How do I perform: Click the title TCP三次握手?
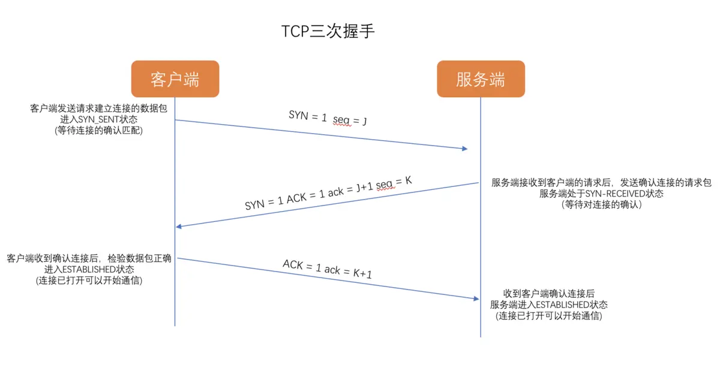[328, 32]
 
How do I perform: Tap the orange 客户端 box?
[175, 79]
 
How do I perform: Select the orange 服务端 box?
[481, 79]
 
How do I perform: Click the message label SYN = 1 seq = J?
[328, 119]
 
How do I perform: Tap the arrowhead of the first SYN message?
[464, 149]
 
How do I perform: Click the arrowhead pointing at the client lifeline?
[178, 227]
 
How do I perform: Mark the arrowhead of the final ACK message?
[476, 298]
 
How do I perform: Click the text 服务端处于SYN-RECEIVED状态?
[601, 194]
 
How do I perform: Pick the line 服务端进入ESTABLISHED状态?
[548, 304]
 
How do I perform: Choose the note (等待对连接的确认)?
[601, 205]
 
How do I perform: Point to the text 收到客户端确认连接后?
[548, 294]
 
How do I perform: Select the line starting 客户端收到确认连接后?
[89, 259]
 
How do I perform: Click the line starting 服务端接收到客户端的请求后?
[601, 183]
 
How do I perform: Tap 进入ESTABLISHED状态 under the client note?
[89, 270]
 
